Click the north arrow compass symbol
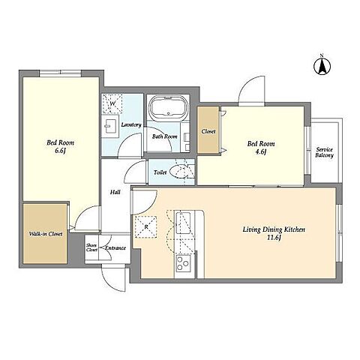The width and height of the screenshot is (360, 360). click(322, 66)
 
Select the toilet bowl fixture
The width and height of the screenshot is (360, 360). click(178, 172)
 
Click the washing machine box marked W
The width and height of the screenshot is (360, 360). click(112, 103)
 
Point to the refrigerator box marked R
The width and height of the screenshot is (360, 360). click(146, 226)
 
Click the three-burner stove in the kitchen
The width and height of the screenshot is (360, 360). click(183, 263)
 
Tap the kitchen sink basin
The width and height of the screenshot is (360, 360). click(183, 223)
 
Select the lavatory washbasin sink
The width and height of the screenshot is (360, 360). click(110, 126)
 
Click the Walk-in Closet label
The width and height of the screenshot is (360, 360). click(46, 234)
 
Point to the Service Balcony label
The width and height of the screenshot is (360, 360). click(324, 152)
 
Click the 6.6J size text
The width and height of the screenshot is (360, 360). click(60, 151)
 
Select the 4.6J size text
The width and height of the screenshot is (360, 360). click(261, 151)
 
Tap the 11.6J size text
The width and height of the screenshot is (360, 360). click(274, 238)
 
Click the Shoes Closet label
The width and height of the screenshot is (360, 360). click(91, 247)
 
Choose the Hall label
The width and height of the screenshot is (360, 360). click(115, 192)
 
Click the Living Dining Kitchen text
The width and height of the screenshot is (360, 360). click(274, 229)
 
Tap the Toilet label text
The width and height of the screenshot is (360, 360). click(160, 172)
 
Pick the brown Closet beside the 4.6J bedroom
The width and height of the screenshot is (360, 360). click(208, 130)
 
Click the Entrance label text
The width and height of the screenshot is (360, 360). click(115, 248)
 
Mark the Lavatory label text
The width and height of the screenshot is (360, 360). click(131, 124)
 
